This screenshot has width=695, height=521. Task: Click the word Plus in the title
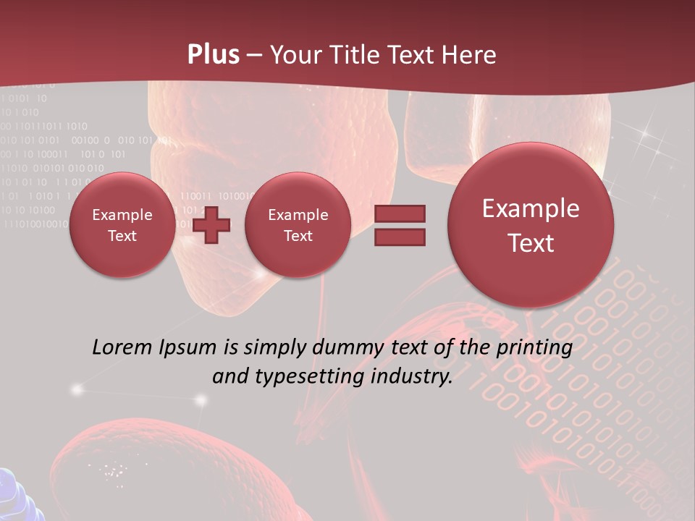[x=213, y=55]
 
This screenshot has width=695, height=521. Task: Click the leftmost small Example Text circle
[x=122, y=225]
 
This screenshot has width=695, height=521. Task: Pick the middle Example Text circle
[x=298, y=225]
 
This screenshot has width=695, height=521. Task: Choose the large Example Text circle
[x=531, y=225]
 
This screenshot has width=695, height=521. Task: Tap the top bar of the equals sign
[x=400, y=213]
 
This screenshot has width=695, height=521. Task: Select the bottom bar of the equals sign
[x=400, y=237]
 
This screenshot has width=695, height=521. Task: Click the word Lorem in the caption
[x=122, y=347]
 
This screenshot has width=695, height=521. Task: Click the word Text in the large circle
[x=531, y=243]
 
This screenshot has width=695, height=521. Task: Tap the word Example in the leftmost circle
[x=122, y=215]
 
